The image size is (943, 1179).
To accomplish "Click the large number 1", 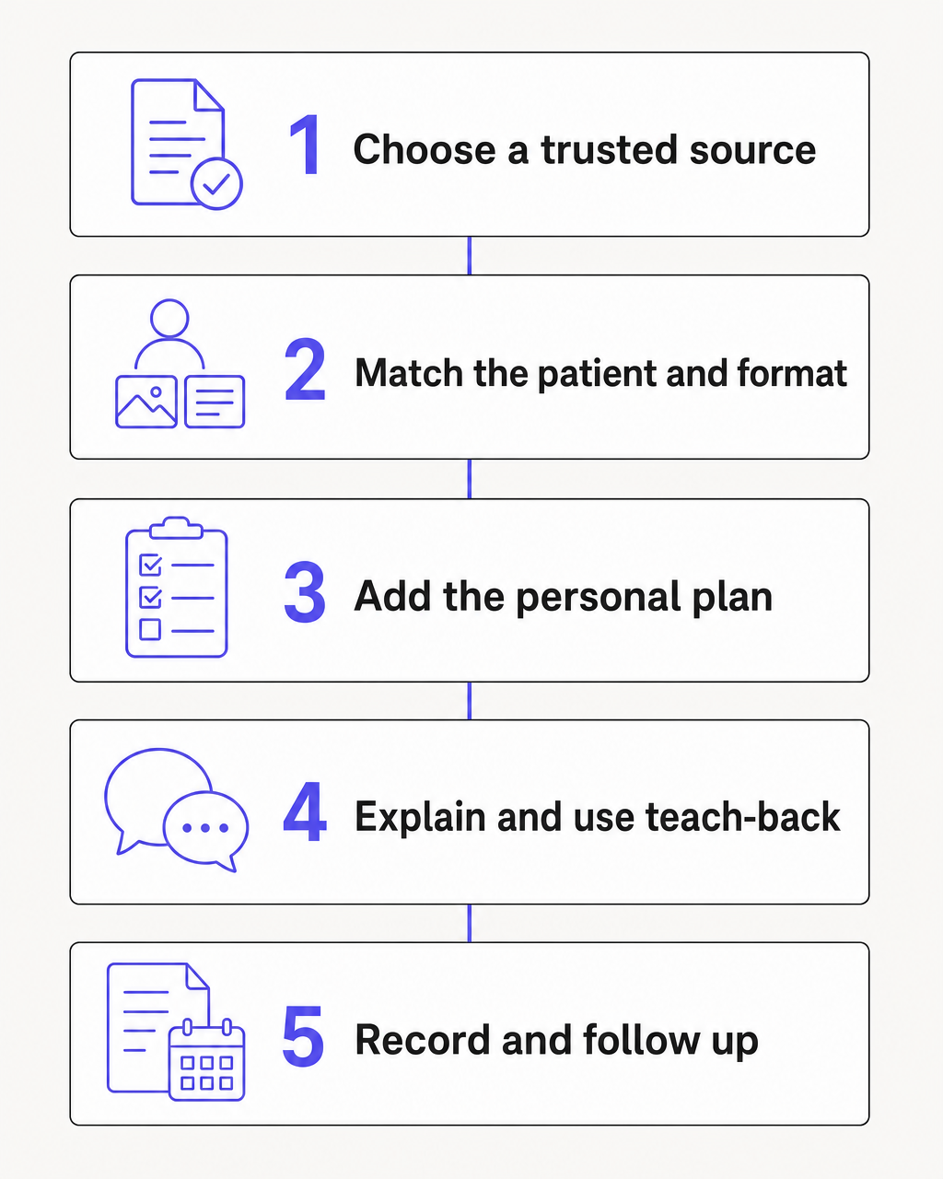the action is pyautogui.click(x=306, y=146).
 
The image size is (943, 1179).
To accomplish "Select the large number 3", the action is pyautogui.click(x=305, y=592).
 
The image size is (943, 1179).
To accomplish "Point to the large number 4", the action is pyautogui.click(x=305, y=812).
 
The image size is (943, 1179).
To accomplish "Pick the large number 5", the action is pyautogui.click(x=304, y=1036).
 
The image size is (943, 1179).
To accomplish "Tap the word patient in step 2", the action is pyautogui.click(x=595, y=374).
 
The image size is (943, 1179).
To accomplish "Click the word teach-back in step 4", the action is pyautogui.click(x=742, y=817).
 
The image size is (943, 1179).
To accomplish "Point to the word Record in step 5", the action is pyautogui.click(x=422, y=1040).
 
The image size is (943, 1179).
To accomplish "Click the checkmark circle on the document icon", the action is pyautogui.click(x=216, y=184).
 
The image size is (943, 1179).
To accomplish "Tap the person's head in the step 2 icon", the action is pyautogui.click(x=169, y=318).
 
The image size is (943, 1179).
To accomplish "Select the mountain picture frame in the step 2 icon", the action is pyautogui.click(x=146, y=402).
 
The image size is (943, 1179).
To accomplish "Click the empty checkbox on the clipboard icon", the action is pyautogui.click(x=149, y=629).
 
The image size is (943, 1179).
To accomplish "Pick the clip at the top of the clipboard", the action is pyautogui.click(x=176, y=527).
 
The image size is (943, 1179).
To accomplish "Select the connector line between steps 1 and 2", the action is pyautogui.click(x=469, y=256).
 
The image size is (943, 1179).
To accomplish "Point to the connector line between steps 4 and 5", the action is pyautogui.click(x=469, y=924).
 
